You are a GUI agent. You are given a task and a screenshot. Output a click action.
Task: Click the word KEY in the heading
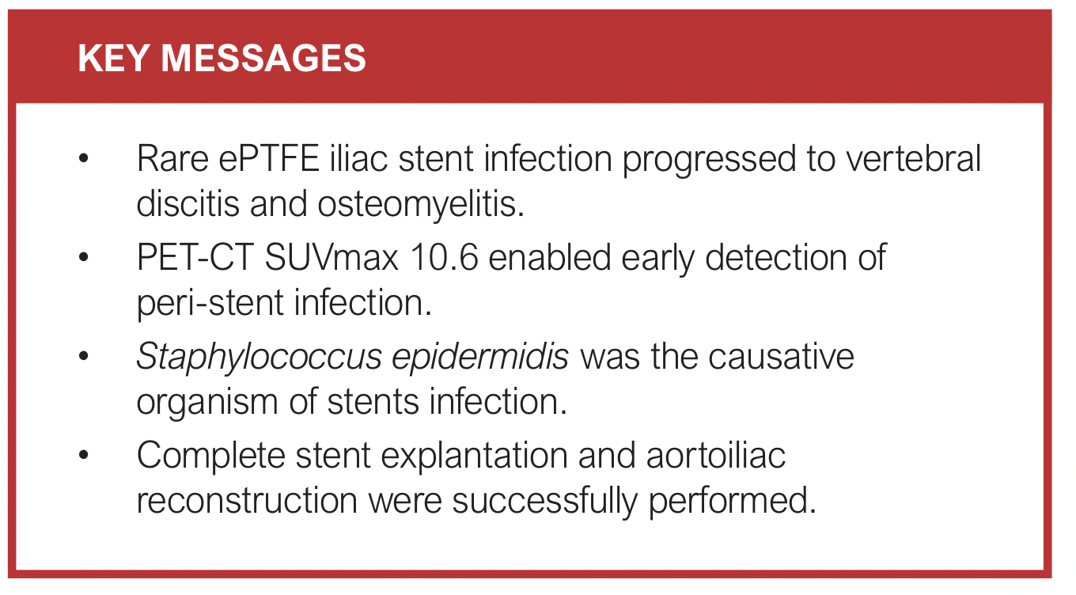pos(113,58)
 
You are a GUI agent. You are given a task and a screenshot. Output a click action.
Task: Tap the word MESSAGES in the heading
pos(263,58)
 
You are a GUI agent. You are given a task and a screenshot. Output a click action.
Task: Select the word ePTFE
pos(269,159)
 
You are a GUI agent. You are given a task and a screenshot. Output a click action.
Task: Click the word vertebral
pos(913,158)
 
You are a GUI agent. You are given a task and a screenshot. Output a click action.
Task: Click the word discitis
pos(188,203)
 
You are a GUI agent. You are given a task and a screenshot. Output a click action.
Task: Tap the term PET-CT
pos(195,257)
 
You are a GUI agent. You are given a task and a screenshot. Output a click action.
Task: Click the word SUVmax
pos(332,257)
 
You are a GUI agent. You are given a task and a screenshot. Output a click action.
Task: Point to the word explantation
pos(474,456)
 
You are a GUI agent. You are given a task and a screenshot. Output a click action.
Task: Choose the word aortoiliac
pos(716,455)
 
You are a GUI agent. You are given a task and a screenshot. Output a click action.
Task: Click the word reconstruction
pos(248,501)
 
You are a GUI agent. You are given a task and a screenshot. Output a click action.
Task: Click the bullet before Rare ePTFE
pos(84,158)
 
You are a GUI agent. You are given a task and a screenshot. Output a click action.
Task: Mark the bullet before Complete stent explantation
pos(84,454)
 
